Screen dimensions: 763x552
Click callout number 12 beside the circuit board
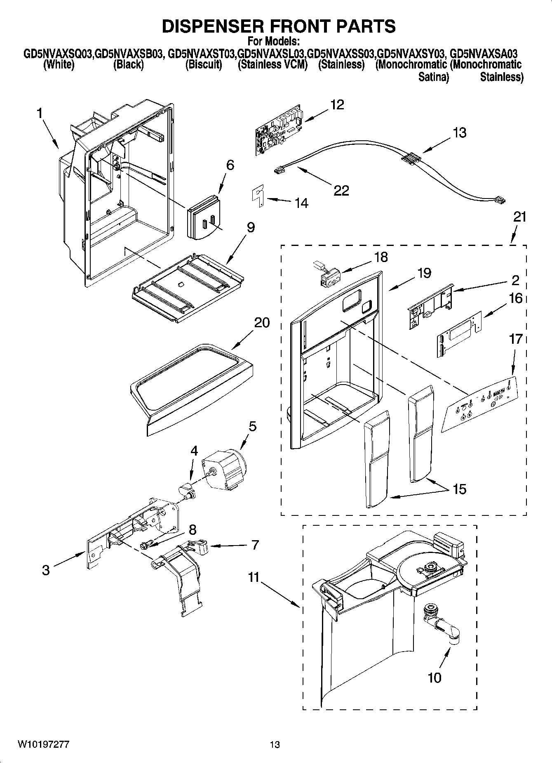(x=337, y=105)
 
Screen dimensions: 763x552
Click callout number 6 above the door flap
(x=230, y=165)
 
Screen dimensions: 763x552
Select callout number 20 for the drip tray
(x=261, y=322)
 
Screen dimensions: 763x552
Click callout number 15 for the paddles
(x=459, y=489)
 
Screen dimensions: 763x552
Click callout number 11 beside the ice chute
(x=254, y=577)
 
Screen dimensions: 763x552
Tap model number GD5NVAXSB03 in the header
(x=128, y=54)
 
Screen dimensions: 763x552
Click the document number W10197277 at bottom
(x=43, y=744)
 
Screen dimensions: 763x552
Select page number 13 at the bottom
(x=275, y=745)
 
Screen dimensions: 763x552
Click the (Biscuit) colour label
(x=203, y=65)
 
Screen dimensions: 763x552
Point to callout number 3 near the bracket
(x=46, y=570)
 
